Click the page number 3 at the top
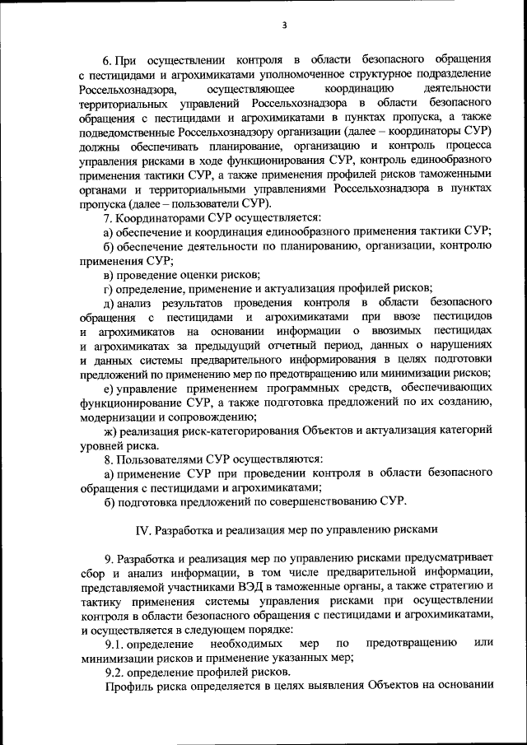283,25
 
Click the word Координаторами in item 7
161,217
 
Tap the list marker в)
108,274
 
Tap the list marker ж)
110,430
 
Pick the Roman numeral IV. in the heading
142,528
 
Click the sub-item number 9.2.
116,671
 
